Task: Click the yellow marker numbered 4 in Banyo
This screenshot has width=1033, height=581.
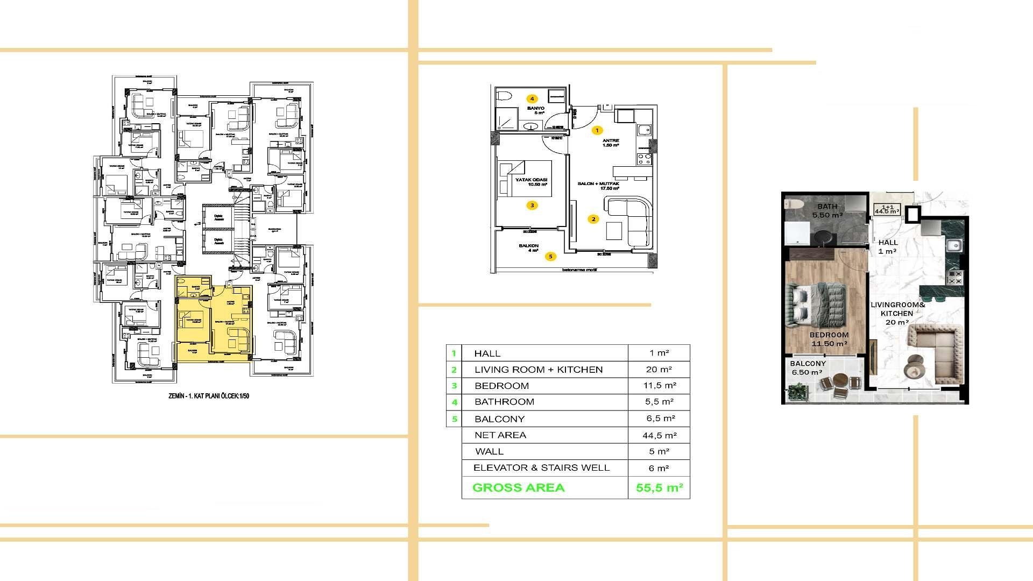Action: [532, 99]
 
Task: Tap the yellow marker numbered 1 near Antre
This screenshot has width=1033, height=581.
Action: [596, 130]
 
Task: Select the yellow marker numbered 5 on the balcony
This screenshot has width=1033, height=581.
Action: [550, 257]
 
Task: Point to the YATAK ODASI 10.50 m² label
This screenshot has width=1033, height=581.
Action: [531, 182]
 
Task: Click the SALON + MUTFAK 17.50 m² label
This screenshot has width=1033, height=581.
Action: [598, 186]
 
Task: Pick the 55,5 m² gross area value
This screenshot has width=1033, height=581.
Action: [659, 488]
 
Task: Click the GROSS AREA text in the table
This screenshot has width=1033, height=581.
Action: [518, 488]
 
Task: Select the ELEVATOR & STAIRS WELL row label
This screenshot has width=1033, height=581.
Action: [541, 468]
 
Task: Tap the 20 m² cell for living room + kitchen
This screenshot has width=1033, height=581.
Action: [659, 370]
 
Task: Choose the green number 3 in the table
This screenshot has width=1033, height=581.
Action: [454, 386]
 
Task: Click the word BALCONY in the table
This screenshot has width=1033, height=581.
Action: [499, 419]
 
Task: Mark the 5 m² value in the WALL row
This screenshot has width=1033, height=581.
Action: [659, 452]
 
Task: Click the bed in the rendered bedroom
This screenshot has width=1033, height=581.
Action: [816, 304]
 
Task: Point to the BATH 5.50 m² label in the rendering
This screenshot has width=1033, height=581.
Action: [827, 210]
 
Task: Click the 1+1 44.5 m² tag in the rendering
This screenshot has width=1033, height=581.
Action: [887, 209]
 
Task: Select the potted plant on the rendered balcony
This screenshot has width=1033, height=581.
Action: [797, 392]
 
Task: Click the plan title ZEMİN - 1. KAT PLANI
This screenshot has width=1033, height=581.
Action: [209, 396]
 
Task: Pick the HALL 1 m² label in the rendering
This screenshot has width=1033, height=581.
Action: [887, 246]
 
